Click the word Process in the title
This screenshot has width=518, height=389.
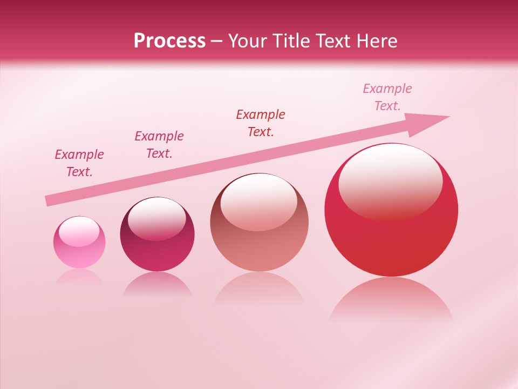[169, 41]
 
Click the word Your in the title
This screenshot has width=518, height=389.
[248, 41]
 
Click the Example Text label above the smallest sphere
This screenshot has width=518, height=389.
[79, 163]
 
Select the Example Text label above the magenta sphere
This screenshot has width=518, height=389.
[159, 145]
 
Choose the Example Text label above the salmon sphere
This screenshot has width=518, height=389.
[261, 123]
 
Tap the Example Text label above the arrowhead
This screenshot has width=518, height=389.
[387, 97]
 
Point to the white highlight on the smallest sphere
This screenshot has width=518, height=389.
[79, 231]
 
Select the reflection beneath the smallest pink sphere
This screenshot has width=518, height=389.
[79, 277]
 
